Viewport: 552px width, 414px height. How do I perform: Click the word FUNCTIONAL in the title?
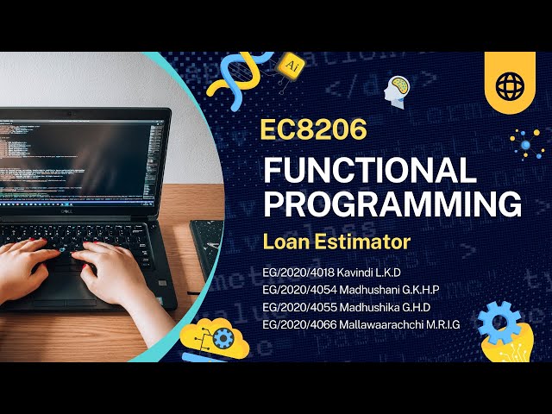(x=370, y=170)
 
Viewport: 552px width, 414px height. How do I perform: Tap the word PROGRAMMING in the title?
(x=392, y=205)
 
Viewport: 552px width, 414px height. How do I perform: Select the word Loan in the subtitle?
(x=285, y=241)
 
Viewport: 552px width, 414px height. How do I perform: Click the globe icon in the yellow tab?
(x=509, y=84)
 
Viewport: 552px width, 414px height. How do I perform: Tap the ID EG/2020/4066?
(x=298, y=323)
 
